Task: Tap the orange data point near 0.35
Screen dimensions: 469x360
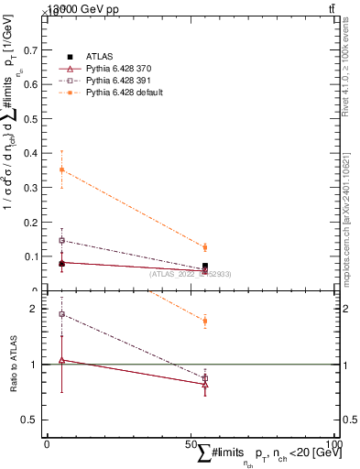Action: [61, 169]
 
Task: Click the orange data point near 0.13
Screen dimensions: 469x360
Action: [205, 247]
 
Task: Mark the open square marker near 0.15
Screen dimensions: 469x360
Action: [61, 240]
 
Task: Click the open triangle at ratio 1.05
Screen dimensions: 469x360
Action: [61, 360]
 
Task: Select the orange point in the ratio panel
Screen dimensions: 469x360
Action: [205, 321]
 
